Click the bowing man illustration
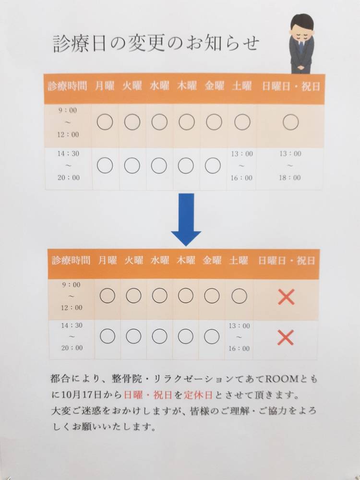coord(301,44)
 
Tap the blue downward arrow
coord(186,219)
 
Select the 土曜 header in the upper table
coord(242,86)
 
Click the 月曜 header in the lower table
coord(108,261)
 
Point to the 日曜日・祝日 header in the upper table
coord(291,86)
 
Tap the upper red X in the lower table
coord(286,297)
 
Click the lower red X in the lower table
coord(286,337)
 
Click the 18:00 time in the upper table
coord(289,178)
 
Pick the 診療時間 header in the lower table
coord(71,261)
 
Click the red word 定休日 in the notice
coord(198,395)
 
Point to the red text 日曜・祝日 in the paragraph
coord(148,395)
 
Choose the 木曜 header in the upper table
coord(187,86)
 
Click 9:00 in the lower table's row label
coord(72,285)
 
